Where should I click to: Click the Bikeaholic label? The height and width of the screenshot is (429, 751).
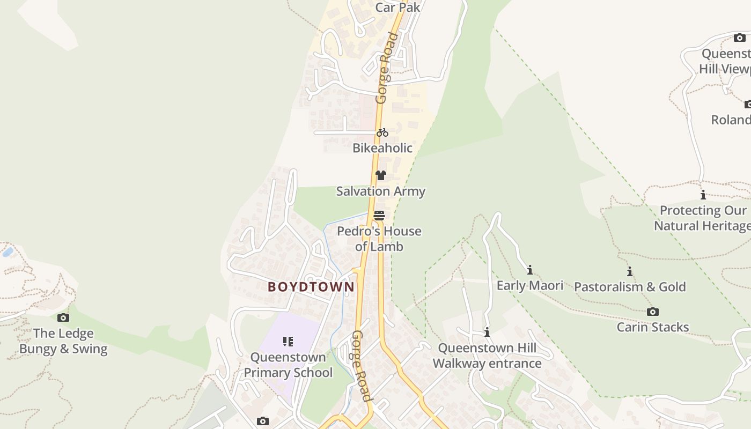(x=382, y=148)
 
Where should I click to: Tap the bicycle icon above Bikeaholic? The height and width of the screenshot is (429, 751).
(x=382, y=132)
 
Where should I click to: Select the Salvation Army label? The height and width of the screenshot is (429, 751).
(x=380, y=191)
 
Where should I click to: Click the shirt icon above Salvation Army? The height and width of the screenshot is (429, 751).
(x=381, y=175)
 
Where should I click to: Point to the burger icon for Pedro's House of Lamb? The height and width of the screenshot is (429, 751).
(x=379, y=216)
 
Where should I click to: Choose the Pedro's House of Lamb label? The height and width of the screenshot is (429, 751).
(x=379, y=239)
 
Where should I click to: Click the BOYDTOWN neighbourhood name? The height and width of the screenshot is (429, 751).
(x=311, y=287)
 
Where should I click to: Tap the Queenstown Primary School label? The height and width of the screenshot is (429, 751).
(x=288, y=365)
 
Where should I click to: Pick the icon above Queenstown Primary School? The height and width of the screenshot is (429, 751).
(x=288, y=342)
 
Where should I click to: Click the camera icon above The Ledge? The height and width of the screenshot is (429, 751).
(x=63, y=317)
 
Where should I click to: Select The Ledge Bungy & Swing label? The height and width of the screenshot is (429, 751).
(x=63, y=341)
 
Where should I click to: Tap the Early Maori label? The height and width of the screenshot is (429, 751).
(x=529, y=285)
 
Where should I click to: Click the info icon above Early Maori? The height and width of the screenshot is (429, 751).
(x=530, y=270)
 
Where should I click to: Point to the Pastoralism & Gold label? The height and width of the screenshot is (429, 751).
(x=630, y=287)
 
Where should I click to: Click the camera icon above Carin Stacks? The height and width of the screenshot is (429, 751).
(x=653, y=312)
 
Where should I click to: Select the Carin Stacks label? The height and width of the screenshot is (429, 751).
(x=653, y=327)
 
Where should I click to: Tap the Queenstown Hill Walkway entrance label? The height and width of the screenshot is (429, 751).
(x=487, y=356)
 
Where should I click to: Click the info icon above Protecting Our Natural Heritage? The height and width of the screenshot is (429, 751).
(x=703, y=195)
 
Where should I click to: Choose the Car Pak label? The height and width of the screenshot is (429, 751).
(x=397, y=7)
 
